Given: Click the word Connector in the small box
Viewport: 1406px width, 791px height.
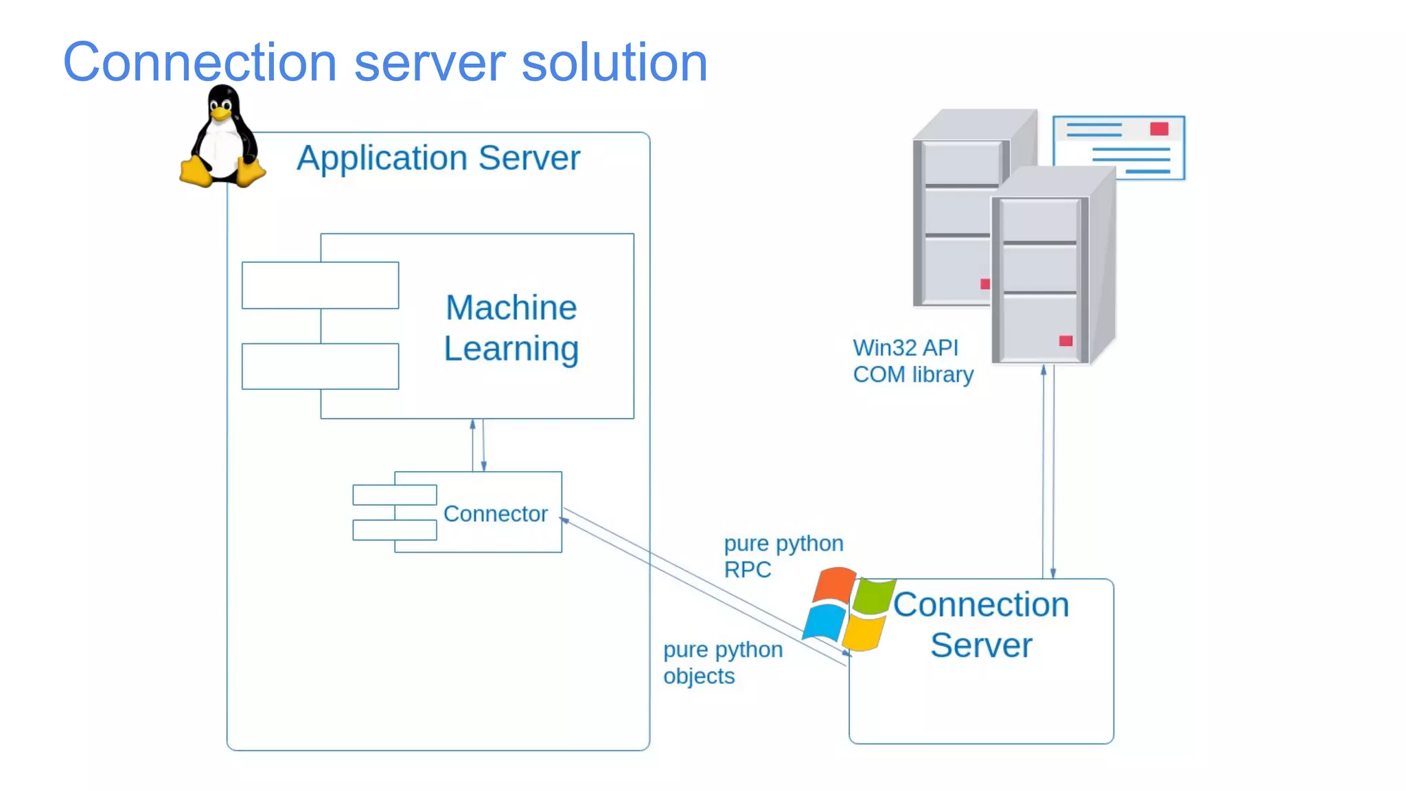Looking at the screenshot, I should click(495, 514).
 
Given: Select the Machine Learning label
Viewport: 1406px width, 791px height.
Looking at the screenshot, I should click(511, 328).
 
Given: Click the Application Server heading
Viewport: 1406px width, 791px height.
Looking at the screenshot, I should click(438, 159).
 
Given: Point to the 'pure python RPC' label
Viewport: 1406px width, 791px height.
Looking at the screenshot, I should click(783, 556).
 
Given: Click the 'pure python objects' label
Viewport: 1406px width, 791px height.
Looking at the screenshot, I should click(722, 663).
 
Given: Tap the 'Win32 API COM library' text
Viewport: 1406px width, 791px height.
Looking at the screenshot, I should click(912, 361).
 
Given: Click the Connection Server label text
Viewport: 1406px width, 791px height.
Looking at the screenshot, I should click(980, 625).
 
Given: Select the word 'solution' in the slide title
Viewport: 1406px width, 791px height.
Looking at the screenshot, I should click(614, 62).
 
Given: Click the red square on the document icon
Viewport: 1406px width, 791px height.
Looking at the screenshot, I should click(1159, 129).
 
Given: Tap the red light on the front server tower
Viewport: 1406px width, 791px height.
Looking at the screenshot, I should click(1065, 341).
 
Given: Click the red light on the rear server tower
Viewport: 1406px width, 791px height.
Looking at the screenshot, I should click(984, 284).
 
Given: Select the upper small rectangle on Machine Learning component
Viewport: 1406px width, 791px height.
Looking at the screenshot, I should click(320, 285).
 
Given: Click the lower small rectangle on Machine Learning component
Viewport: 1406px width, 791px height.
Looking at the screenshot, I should click(320, 366).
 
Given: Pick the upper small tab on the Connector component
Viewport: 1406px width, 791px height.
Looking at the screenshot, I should click(394, 494).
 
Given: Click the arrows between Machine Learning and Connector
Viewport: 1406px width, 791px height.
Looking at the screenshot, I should click(478, 445).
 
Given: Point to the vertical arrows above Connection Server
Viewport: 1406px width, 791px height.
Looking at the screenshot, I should click(1048, 474).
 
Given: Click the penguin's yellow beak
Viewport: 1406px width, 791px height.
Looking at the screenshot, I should click(220, 115).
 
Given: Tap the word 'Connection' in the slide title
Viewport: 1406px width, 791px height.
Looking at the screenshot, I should click(200, 62).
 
